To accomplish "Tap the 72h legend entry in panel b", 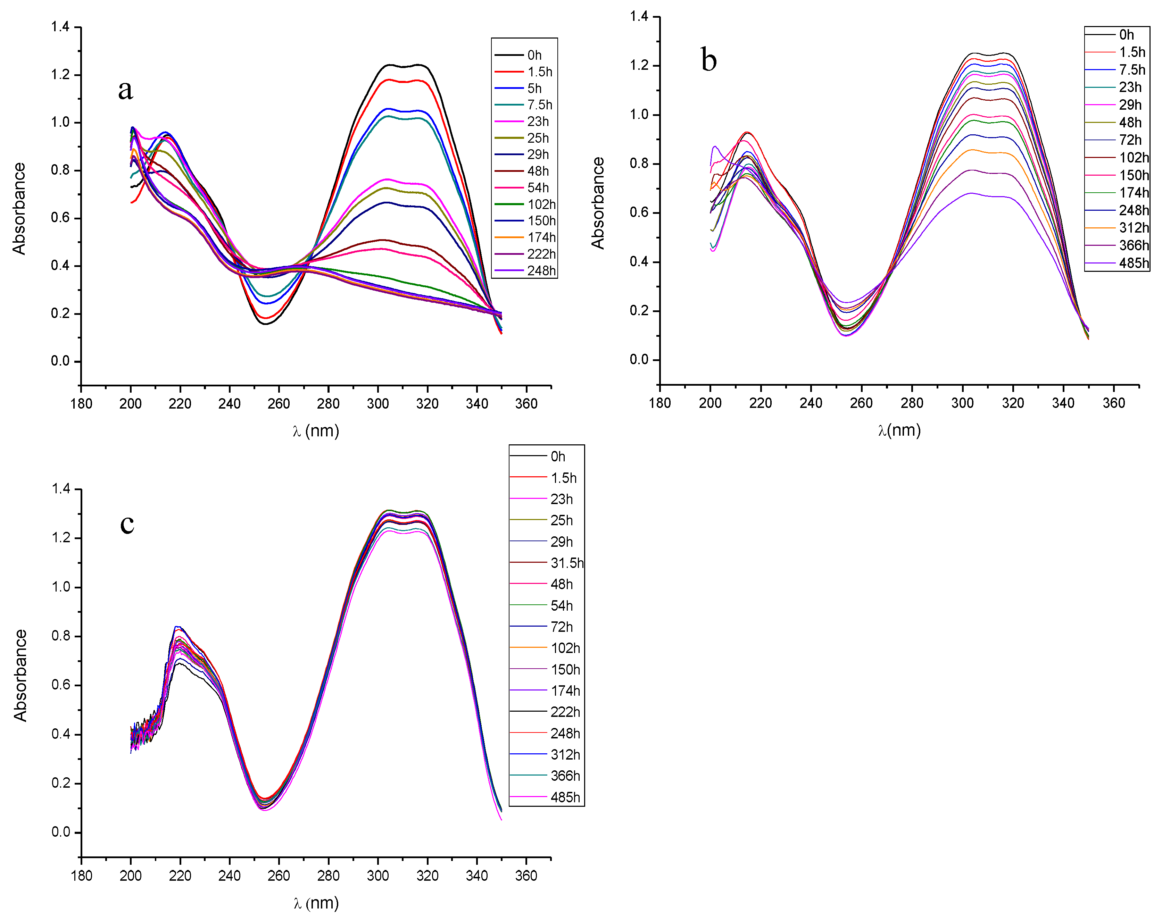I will pos(1130,140).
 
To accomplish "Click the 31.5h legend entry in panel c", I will pos(566,563).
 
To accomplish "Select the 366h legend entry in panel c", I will pos(564,776).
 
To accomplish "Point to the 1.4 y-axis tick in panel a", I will pos(60,27).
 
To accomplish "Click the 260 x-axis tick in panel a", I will pos(279,404).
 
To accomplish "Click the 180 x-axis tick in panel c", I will pos(81,876).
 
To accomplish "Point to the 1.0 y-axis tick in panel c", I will pos(60,587).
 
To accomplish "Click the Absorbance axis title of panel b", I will pos(598,203).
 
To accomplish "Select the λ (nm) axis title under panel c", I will pos(316,903).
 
